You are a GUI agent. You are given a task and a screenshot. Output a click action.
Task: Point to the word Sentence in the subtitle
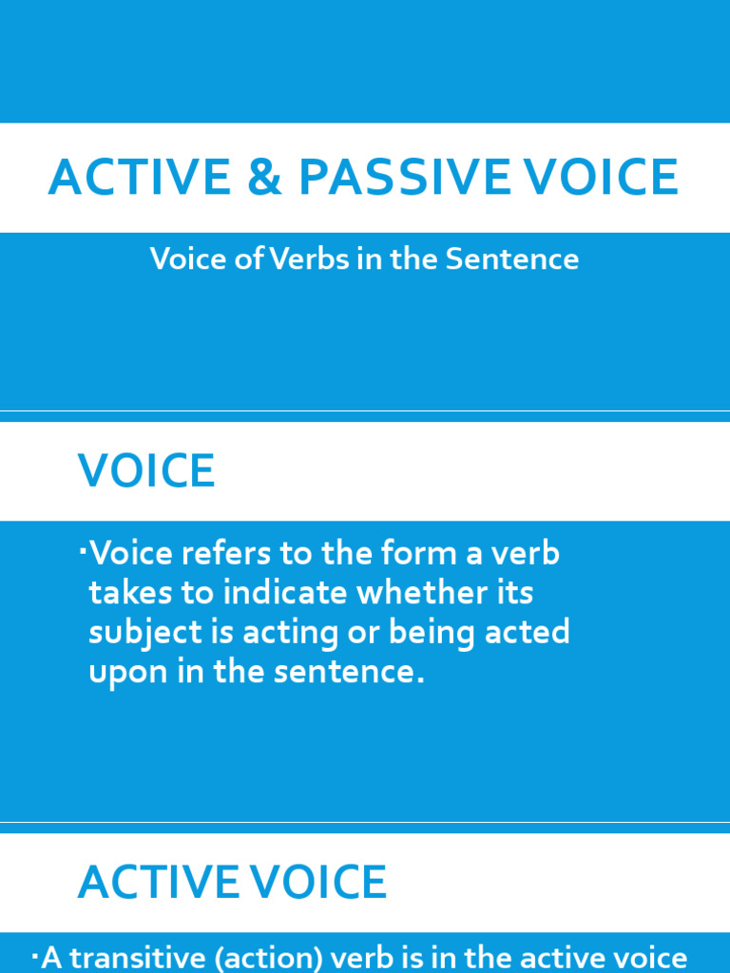click(x=521, y=259)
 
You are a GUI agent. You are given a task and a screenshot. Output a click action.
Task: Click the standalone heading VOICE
click(x=146, y=471)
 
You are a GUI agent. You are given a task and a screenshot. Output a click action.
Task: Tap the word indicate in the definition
click(x=286, y=593)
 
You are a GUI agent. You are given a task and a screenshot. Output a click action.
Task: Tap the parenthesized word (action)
click(x=273, y=958)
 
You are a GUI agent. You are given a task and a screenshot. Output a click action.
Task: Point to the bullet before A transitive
click(x=36, y=952)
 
